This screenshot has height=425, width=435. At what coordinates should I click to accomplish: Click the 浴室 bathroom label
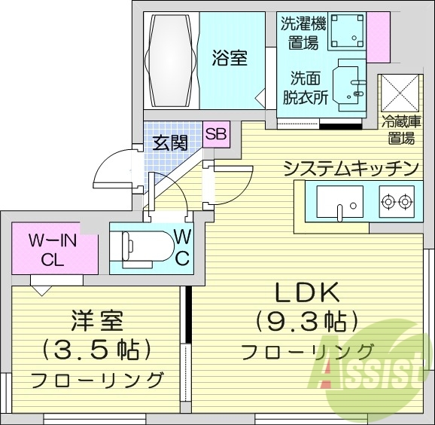230,57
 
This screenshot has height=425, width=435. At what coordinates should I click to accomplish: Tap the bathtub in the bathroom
172,58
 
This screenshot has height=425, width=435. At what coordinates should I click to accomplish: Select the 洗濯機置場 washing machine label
299,32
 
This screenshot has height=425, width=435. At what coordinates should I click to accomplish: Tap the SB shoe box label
215,135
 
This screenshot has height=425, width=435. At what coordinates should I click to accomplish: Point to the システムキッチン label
351,167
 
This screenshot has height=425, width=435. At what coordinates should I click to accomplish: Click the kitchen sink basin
339,201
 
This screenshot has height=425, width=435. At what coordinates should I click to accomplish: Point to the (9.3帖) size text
306,322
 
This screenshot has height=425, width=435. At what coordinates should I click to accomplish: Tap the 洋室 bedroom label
97,323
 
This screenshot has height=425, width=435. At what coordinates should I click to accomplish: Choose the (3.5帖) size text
97,350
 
